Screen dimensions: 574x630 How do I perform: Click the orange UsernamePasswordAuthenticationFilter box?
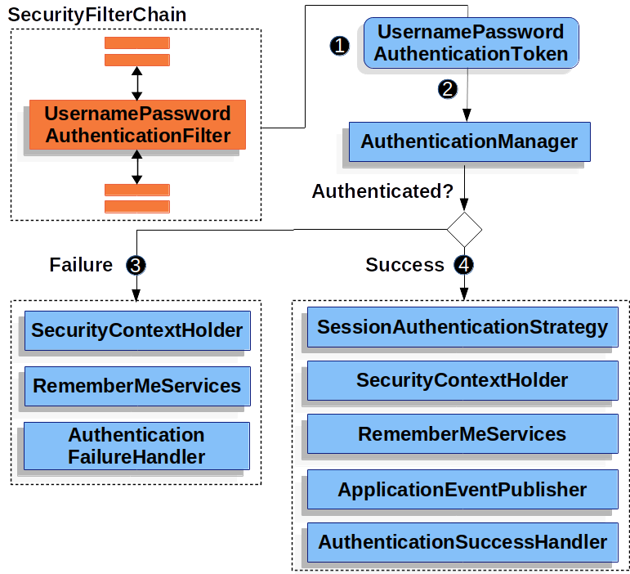137,124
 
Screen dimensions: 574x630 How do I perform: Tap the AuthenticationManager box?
469,141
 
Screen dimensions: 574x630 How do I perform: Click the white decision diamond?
465,229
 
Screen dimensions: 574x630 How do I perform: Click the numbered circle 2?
447,89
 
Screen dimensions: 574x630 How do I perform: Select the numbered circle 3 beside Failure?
136,265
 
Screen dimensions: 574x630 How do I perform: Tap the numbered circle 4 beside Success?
464,265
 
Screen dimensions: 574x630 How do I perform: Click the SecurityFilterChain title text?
97,15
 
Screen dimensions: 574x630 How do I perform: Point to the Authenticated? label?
382,191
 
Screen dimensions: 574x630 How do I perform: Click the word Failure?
81,265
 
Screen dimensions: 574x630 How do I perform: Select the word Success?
404,265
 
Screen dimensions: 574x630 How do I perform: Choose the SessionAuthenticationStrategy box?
462,328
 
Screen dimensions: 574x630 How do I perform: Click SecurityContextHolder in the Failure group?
136,330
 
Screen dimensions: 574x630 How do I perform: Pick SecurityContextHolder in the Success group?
462,380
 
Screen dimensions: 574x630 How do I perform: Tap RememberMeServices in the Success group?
462,433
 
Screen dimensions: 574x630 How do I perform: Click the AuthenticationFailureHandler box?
136,446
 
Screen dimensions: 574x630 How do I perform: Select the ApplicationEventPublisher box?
462,489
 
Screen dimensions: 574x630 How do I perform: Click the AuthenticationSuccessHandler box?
462,541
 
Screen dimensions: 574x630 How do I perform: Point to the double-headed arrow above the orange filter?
137,83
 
